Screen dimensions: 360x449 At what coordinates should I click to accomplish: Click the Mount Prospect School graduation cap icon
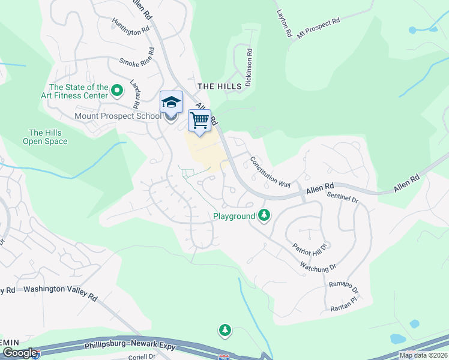click(171, 103)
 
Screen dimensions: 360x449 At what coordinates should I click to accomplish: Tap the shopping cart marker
click(199, 119)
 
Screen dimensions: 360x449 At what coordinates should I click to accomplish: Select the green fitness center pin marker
click(117, 91)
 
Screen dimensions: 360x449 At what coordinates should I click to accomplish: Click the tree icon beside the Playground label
click(264, 215)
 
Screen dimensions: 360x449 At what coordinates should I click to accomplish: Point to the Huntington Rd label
click(130, 26)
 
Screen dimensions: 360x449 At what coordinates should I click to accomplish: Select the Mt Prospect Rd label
click(318, 28)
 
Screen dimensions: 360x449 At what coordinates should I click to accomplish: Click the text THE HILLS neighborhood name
click(220, 86)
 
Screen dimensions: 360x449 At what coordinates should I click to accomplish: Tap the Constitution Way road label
click(270, 171)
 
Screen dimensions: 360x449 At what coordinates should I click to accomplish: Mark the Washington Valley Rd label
click(60, 289)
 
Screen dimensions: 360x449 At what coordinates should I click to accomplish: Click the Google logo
click(20, 353)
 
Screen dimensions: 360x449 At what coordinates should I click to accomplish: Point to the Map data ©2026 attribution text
click(423, 355)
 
